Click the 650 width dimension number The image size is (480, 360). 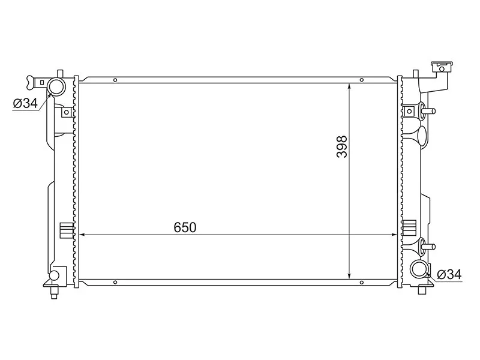point(185,227)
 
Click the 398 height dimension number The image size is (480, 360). point(342,146)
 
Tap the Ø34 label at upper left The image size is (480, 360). point(25,103)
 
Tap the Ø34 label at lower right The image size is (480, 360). point(449,274)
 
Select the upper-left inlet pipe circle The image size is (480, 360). point(56,87)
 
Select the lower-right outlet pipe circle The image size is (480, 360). point(419,269)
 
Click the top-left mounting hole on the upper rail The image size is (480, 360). point(115,80)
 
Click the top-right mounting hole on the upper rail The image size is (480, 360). point(362,80)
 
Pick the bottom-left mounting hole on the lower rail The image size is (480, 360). point(115,282)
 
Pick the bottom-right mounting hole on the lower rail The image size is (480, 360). point(362,282)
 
